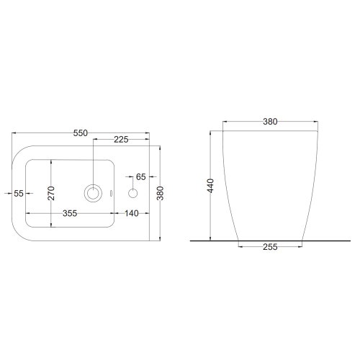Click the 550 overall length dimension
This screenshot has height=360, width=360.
point(81,133)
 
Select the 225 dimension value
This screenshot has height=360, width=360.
point(121,140)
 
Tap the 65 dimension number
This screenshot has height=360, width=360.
point(141,177)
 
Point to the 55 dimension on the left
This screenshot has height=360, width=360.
point(19,193)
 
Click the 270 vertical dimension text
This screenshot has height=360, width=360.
point(51,193)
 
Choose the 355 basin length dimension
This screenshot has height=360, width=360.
point(70,213)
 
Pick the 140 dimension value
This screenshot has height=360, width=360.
point(132,213)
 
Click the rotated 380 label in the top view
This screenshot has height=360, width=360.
point(160,193)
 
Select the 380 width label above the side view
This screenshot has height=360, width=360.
point(270,122)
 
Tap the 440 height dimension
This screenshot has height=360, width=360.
point(210,186)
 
